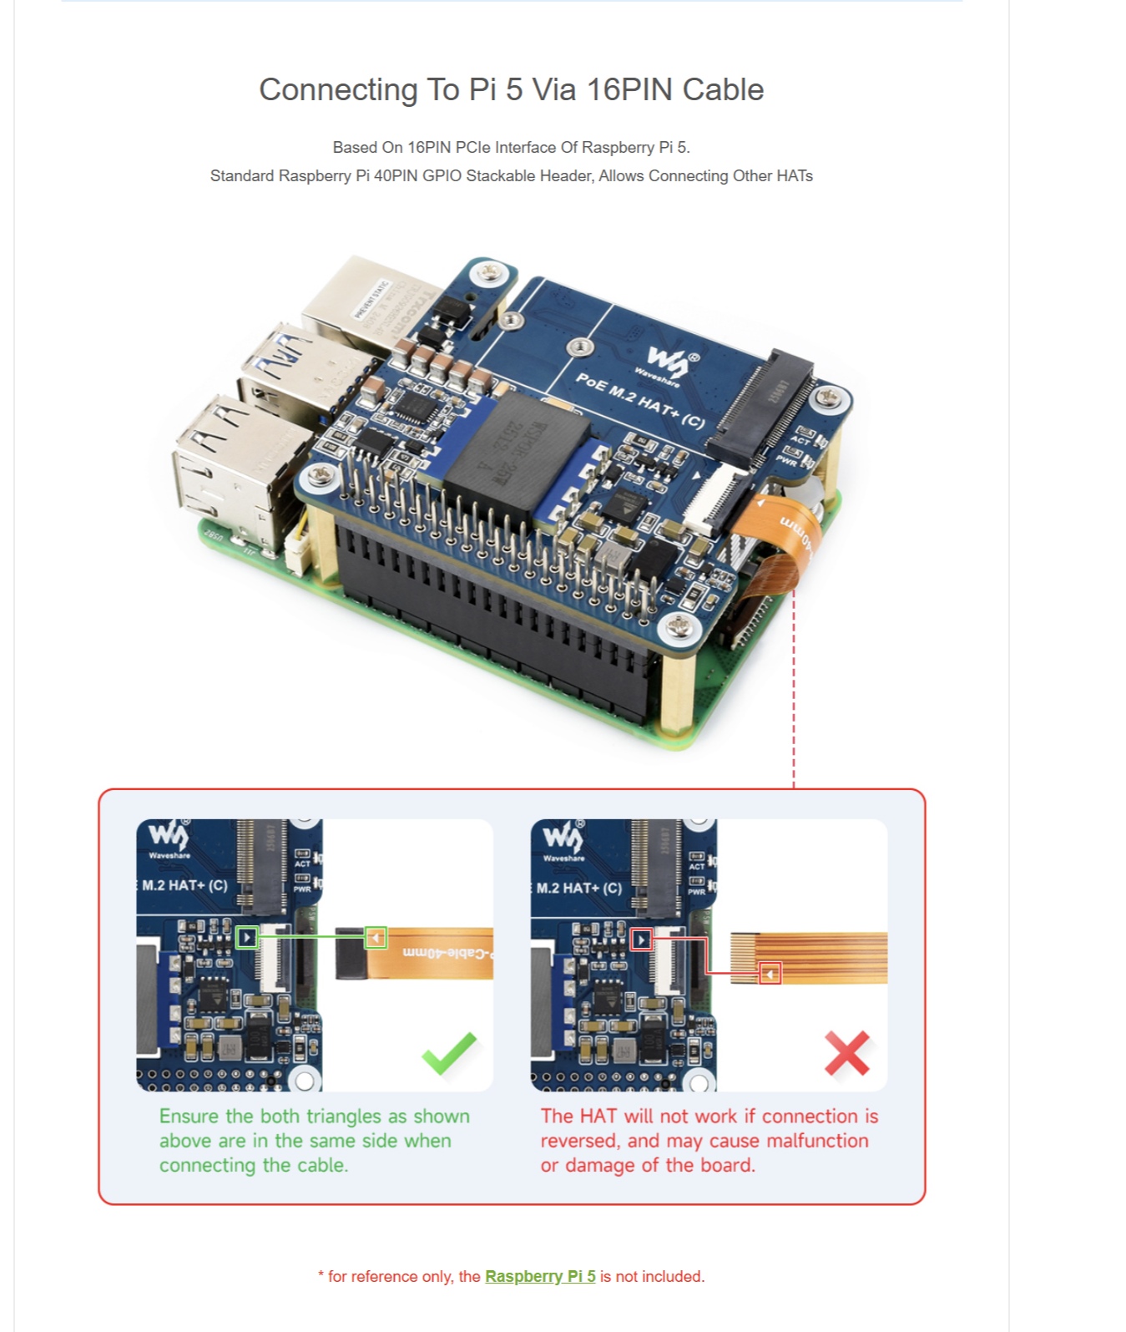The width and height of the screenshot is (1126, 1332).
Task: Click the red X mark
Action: click(x=846, y=1053)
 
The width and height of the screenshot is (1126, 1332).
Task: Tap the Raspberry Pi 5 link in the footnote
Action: click(x=540, y=1276)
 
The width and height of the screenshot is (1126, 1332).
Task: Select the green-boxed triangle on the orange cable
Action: click(x=376, y=938)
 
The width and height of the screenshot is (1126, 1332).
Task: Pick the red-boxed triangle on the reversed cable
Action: click(x=770, y=974)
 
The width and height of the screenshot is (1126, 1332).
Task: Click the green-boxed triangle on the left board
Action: click(x=247, y=938)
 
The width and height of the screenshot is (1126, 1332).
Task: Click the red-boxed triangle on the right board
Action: click(x=641, y=940)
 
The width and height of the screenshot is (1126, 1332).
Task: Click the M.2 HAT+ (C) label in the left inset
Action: click(x=184, y=885)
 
